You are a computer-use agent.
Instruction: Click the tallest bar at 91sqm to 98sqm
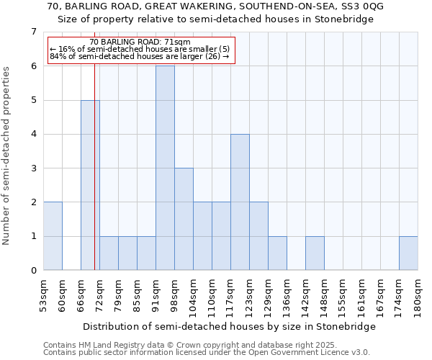tap(165, 168)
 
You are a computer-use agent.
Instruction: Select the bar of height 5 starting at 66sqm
tap(90, 185)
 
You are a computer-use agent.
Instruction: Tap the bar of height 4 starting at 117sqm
tap(240, 202)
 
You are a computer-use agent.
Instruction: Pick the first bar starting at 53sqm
tap(53, 236)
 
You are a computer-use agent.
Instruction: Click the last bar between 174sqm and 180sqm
tap(408, 253)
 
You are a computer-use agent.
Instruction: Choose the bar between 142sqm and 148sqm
tap(315, 253)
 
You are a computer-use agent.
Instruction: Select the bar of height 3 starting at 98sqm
tap(184, 219)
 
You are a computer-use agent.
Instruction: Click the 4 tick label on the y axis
tap(33, 135)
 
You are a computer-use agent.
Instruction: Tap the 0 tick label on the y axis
tap(33, 271)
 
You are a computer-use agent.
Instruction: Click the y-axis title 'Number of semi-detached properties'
tap(7, 156)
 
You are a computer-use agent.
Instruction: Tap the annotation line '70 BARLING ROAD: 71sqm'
tap(140, 42)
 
